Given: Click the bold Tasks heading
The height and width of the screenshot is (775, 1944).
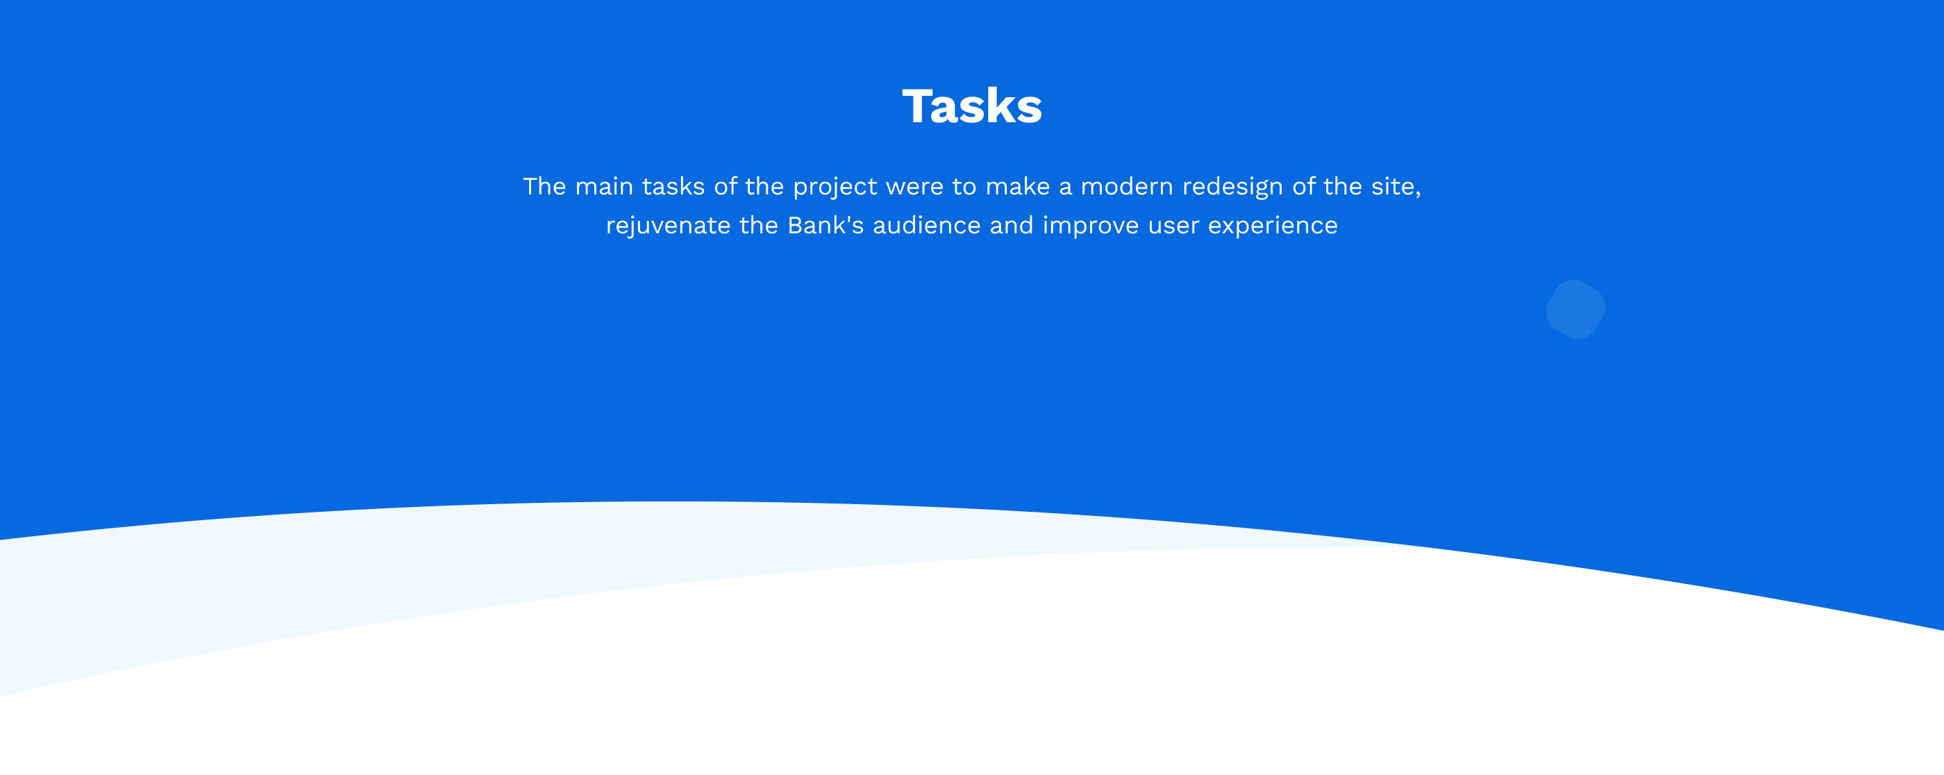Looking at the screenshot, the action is [972, 106].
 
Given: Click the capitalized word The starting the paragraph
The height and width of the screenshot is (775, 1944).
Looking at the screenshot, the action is [544, 185].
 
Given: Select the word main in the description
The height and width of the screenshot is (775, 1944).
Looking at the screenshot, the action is [604, 185].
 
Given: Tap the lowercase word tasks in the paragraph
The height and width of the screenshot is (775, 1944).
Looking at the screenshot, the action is [673, 185].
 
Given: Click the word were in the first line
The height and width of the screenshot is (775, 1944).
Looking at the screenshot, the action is [914, 185].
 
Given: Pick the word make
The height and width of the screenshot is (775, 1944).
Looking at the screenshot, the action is [1017, 185].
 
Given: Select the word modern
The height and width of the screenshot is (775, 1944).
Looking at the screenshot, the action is [1127, 185].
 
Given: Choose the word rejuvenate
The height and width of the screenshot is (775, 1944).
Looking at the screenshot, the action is [668, 226].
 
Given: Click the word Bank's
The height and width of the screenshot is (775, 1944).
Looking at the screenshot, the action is [825, 225].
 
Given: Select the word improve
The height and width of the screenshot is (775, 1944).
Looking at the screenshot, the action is [1091, 226].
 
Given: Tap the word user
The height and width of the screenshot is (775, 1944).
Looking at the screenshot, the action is [1173, 226].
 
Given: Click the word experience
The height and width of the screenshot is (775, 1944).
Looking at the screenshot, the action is [1273, 226].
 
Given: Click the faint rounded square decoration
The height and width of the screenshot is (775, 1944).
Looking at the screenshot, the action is [1576, 310].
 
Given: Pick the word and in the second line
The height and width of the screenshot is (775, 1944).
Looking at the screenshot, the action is [1012, 225].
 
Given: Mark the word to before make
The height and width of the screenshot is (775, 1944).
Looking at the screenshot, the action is [964, 186].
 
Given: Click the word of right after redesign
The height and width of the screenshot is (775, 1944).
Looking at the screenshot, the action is [1303, 185].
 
